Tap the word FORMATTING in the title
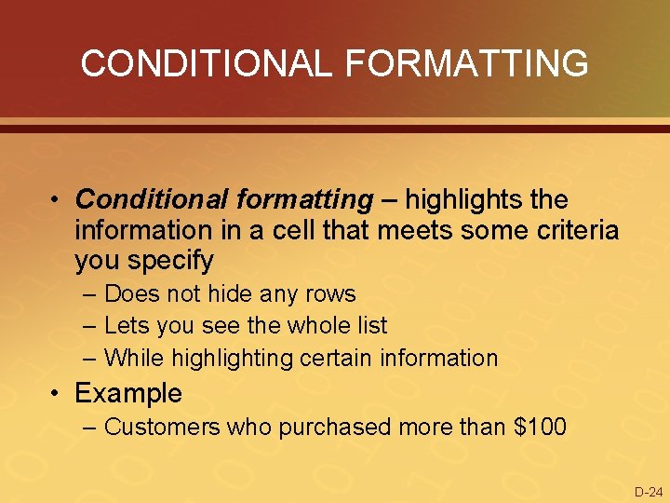click(x=466, y=63)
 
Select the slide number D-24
click(x=648, y=492)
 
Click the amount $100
click(x=540, y=428)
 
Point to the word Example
click(x=128, y=393)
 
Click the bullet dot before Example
click(x=58, y=393)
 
